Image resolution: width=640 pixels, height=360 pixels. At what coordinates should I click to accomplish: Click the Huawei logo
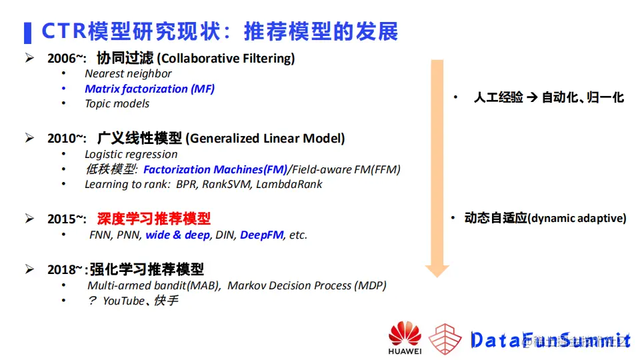(x=405, y=337)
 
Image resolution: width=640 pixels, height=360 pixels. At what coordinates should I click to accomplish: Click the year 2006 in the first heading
(x=61, y=59)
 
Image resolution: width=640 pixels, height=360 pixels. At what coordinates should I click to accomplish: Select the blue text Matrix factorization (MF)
(x=149, y=89)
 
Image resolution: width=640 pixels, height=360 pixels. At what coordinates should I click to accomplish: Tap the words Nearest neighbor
(x=128, y=73)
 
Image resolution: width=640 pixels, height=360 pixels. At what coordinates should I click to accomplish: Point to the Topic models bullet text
(x=117, y=104)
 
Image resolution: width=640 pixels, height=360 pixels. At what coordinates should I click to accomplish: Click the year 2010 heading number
(x=61, y=139)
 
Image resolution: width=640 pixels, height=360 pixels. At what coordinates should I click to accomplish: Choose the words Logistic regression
(x=131, y=154)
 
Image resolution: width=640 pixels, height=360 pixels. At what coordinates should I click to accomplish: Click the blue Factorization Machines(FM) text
(x=215, y=169)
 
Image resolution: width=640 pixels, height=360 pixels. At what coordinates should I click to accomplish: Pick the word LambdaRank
(x=289, y=185)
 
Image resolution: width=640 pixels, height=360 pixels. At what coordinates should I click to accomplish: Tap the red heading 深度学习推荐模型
(x=154, y=219)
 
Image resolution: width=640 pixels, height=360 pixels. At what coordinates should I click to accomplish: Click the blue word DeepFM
(x=261, y=235)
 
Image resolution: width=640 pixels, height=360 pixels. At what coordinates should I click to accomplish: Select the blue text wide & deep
(x=177, y=235)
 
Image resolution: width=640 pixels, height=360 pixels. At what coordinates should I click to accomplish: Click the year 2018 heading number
(x=61, y=270)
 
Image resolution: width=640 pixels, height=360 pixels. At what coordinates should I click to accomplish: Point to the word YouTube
(x=123, y=301)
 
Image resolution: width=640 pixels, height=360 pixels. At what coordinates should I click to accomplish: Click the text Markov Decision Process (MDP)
(x=307, y=285)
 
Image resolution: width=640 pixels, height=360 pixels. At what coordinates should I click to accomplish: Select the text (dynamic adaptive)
(x=577, y=219)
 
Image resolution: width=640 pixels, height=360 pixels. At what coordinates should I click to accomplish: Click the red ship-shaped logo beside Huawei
(x=445, y=339)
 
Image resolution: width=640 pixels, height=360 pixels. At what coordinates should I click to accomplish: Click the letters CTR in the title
(x=64, y=31)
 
